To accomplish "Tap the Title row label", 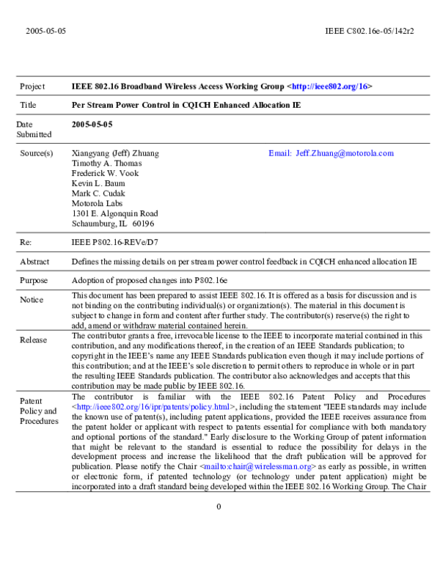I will point(28,106).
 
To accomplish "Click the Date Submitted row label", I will point(34,130).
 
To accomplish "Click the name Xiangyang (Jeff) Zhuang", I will point(114,153).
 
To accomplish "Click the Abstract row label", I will point(34,261).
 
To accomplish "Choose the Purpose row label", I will point(34,280).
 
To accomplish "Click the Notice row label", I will point(32,300).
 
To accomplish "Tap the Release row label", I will point(33,340).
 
